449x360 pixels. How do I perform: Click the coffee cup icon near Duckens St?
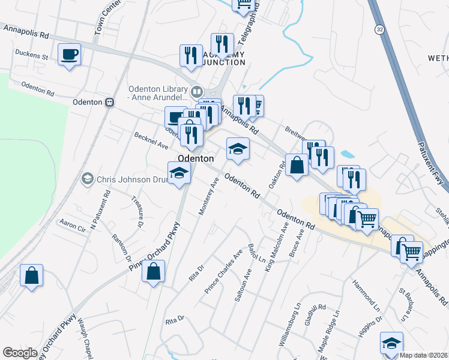(x=69, y=55)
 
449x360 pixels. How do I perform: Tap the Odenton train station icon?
(x=110, y=102)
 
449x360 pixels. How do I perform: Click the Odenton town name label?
(x=195, y=159)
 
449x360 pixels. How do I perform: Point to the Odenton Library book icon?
(x=196, y=92)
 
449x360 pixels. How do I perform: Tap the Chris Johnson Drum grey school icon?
(x=88, y=179)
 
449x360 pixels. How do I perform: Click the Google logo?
(x=20, y=353)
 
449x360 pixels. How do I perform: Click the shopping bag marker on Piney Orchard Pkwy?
(x=154, y=271)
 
